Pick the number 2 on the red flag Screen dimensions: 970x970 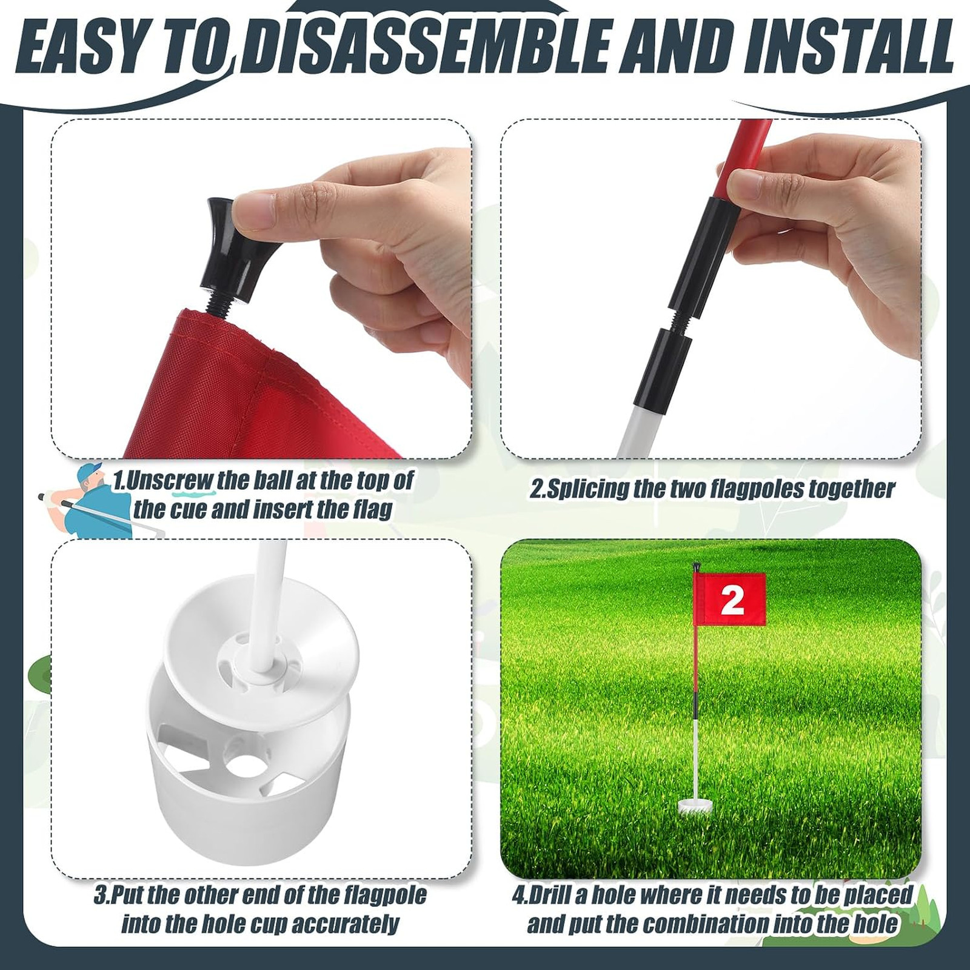click(x=732, y=600)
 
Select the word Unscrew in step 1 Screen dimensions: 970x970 click(x=170, y=481)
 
